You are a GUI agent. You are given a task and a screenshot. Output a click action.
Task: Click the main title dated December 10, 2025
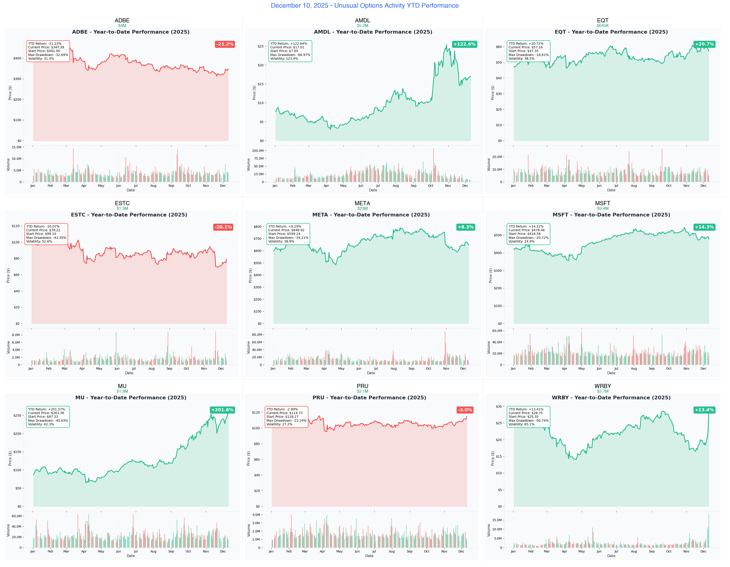[x=365, y=6]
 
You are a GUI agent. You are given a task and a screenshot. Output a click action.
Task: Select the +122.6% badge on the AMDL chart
[x=464, y=44]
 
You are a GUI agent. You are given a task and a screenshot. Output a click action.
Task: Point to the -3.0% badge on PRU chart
[x=465, y=410]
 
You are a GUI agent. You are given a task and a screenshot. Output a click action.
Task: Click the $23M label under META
[x=362, y=208]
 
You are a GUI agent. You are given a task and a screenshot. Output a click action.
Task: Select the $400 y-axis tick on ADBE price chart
[x=17, y=58]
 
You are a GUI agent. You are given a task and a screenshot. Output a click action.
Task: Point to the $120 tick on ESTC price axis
[x=16, y=226]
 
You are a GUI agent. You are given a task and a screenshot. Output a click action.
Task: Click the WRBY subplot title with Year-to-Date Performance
[x=611, y=397]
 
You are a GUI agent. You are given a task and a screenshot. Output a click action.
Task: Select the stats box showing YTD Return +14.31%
[x=528, y=234]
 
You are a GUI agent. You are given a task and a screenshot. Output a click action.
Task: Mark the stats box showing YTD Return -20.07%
[x=46, y=234]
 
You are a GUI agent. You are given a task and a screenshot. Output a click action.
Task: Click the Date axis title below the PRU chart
[x=369, y=556]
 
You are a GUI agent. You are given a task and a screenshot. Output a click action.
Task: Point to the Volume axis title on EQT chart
[x=489, y=165]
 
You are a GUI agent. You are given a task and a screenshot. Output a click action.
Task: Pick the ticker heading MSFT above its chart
[x=603, y=203]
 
